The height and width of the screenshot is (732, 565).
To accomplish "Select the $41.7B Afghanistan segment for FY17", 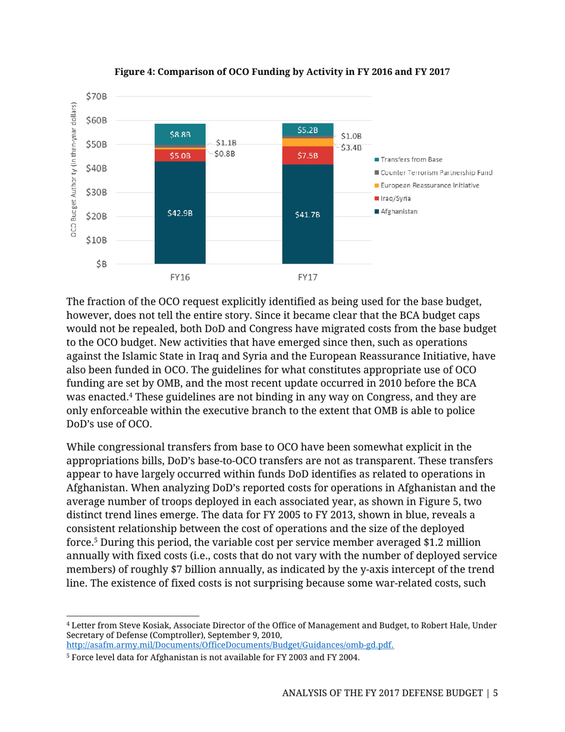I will pos(307,215).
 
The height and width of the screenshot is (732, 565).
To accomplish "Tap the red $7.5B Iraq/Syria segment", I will pos(307,156).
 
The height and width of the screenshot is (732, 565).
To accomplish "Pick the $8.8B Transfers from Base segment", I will pos(180,134).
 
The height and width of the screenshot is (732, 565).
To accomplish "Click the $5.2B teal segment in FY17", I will pos(307,130).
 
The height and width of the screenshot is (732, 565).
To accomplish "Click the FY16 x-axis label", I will pos(180,277).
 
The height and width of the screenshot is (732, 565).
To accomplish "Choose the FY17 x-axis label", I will pos(307,277).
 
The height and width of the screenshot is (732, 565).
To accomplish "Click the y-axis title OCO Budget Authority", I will pos(73,170).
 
